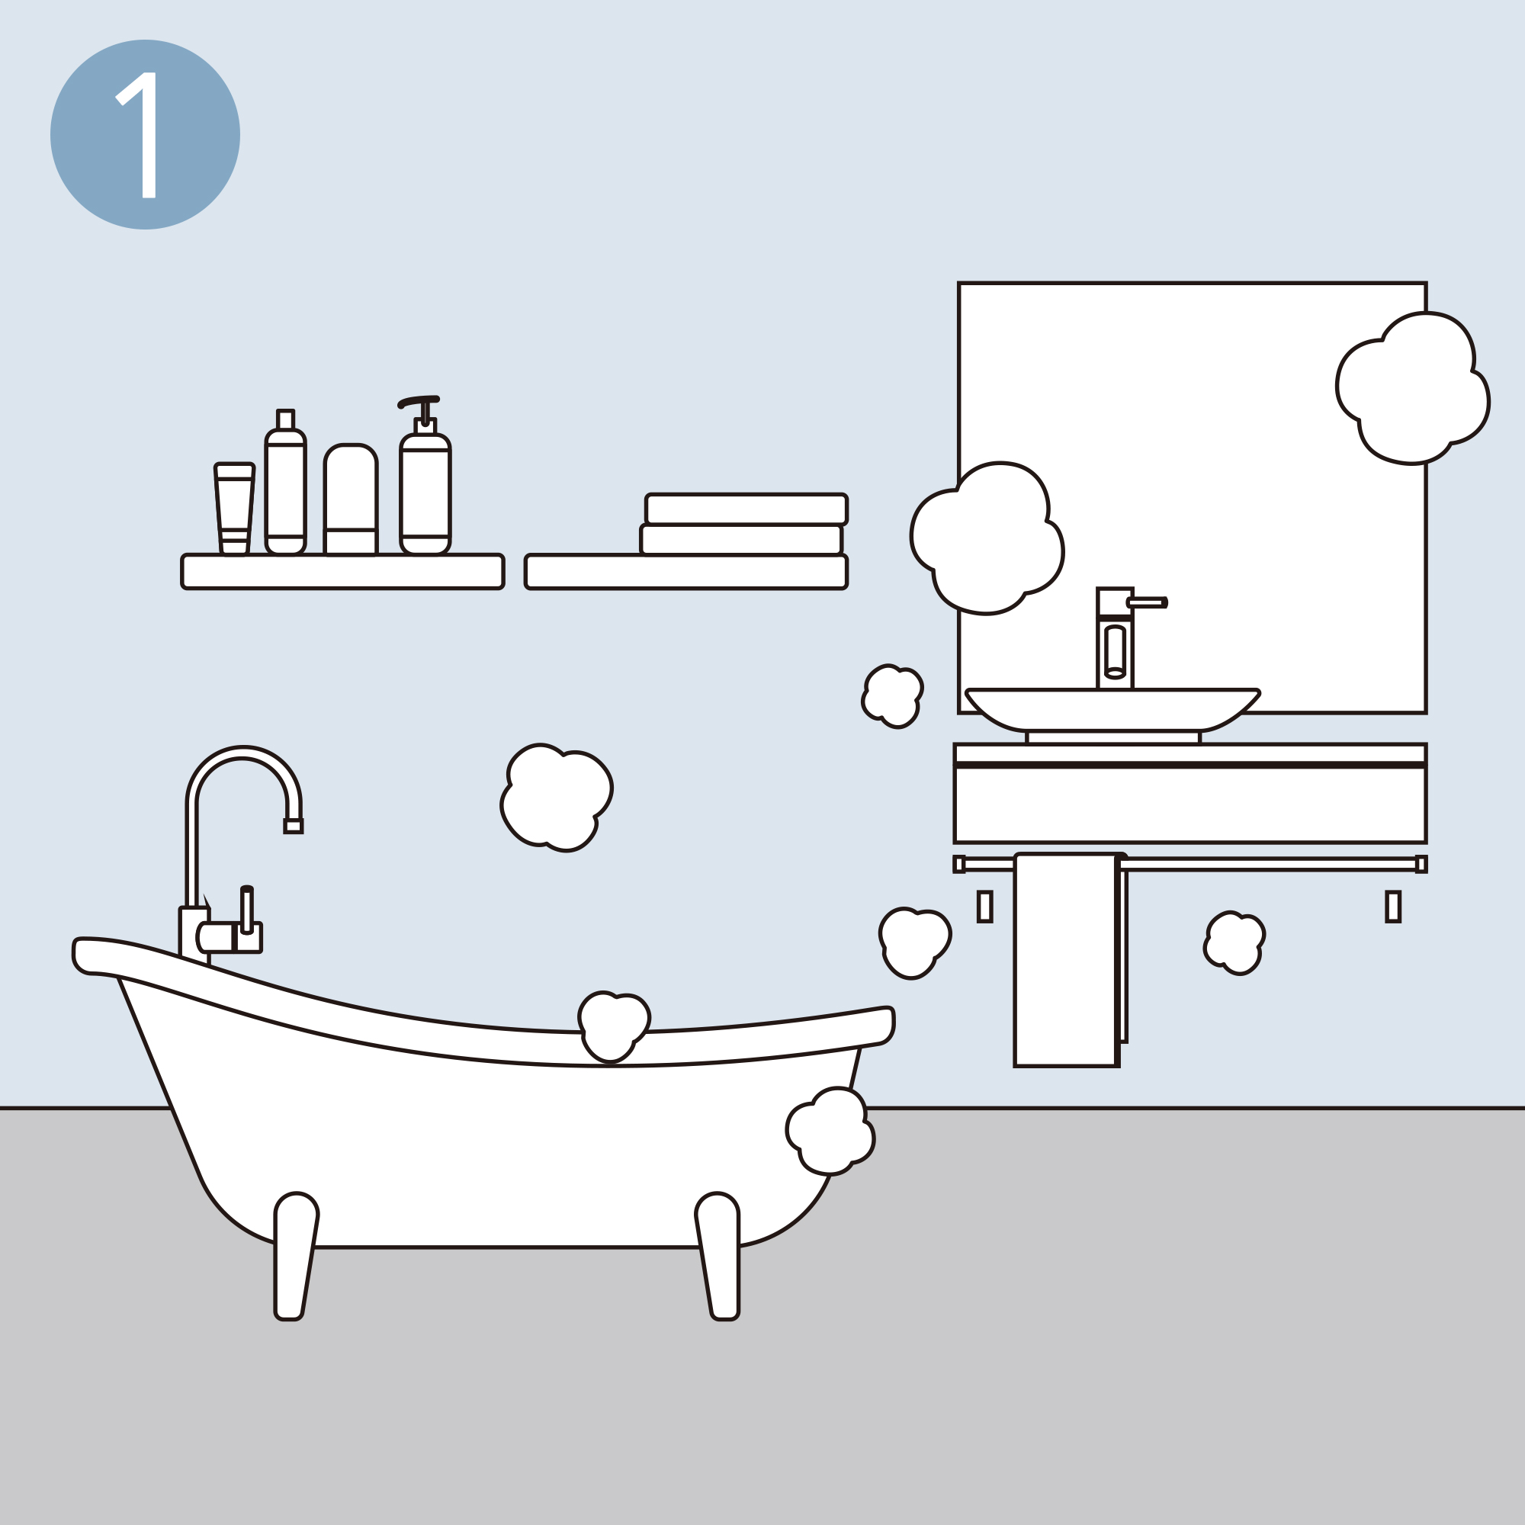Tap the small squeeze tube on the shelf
(233, 509)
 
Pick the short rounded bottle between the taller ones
(351, 499)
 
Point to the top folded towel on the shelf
(746, 509)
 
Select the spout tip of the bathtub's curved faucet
(293, 826)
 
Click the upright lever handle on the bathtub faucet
(247, 910)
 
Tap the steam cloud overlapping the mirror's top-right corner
(1412, 388)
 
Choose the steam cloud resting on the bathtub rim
(613, 1027)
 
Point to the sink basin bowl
(1112, 710)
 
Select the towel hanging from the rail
(1067, 960)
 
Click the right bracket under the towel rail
(1393, 906)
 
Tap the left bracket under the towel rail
(984, 906)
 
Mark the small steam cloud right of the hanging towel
(1234, 942)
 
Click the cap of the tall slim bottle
(285, 419)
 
